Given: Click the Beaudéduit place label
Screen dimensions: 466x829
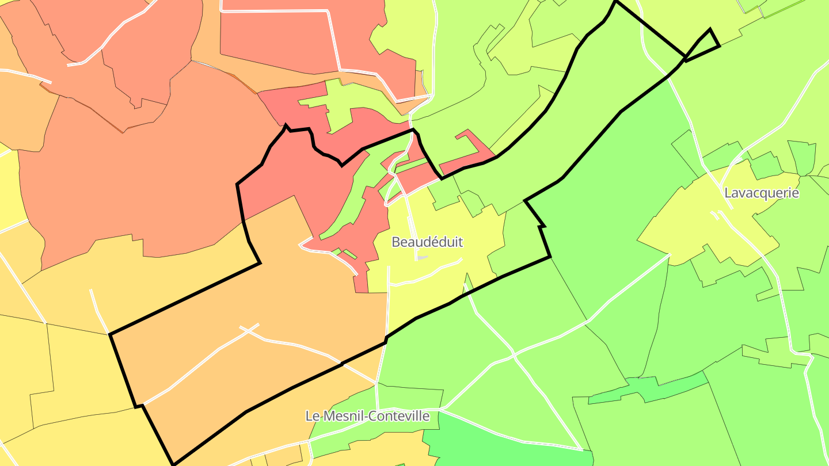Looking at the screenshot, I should (427, 242).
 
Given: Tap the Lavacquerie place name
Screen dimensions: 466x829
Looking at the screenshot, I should (761, 193).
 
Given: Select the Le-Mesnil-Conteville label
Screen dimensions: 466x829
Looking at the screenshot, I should (367, 415).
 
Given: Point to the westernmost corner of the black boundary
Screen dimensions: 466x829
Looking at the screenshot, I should (110, 333).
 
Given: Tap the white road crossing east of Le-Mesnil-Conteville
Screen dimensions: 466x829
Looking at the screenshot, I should (514, 357).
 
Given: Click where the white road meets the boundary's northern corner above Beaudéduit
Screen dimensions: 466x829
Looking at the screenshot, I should (412, 130).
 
